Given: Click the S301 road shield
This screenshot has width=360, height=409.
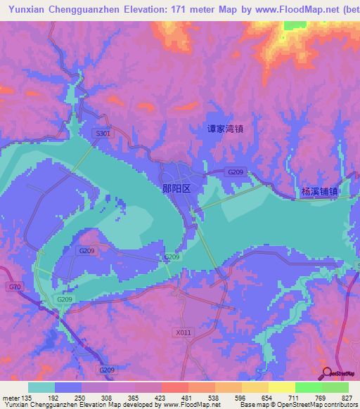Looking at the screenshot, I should coord(103,133).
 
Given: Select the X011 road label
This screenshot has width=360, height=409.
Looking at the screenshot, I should coord(184,332).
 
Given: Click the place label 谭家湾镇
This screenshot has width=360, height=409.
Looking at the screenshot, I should coord(224,129).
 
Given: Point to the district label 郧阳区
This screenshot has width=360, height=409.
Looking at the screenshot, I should coord(181,189).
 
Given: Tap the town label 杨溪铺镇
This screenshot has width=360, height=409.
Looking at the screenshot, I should coord(316,191).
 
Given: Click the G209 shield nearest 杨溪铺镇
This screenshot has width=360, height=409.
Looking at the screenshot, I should coord(236,172).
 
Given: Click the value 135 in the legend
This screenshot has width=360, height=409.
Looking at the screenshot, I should coord(27,397).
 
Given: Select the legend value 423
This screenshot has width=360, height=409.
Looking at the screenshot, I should coord(161,397).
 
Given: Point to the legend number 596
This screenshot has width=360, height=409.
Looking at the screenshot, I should coord(241,397).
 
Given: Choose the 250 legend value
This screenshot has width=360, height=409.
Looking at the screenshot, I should coord(81,397).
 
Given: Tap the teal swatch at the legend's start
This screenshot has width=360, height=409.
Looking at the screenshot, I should coord(41,387).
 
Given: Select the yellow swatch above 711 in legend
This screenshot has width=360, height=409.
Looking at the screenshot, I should coord(281,387).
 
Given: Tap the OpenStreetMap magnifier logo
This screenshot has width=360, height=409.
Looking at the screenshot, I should coord(327,372).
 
